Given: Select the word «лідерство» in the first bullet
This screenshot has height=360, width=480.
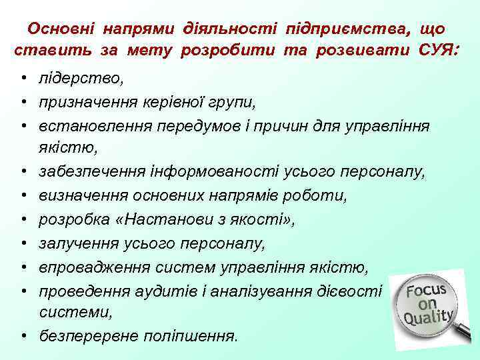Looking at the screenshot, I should [80, 79].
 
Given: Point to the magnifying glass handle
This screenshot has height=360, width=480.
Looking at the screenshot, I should [464, 331].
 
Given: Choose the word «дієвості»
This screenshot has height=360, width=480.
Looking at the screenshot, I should [354, 290].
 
